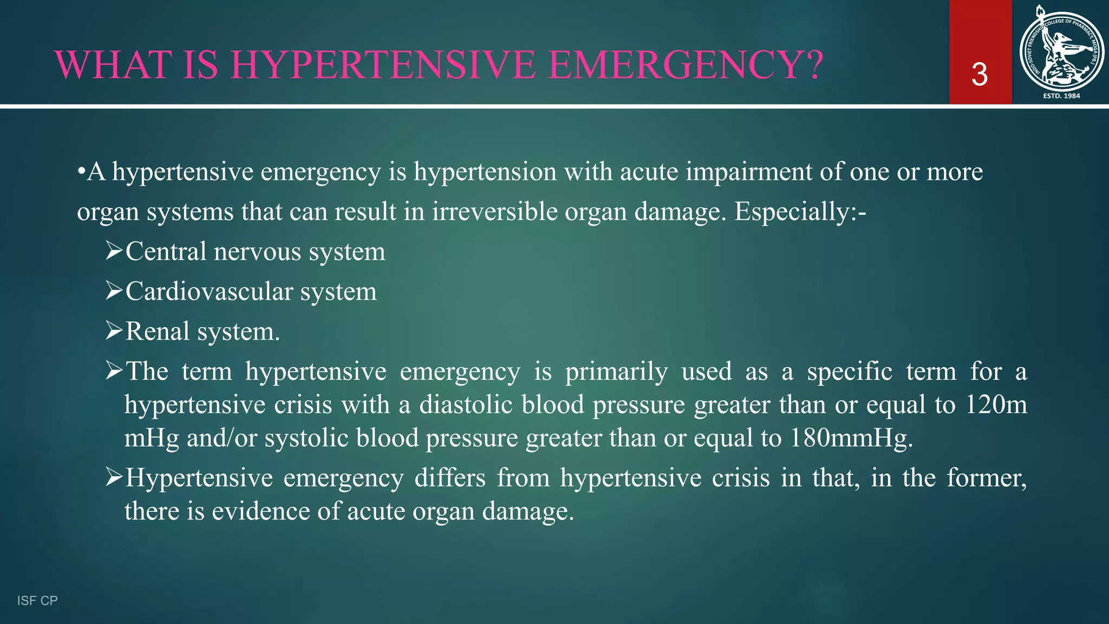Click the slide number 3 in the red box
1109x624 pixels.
point(980,75)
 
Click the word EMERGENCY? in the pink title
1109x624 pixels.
point(686,65)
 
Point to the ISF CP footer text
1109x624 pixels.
point(37,600)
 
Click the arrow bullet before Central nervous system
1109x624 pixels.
point(114,251)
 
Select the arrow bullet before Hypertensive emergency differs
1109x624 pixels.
point(114,477)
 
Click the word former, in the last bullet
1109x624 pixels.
point(987,478)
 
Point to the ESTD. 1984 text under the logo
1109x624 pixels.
point(1061,96)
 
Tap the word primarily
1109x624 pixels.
point(616,372)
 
